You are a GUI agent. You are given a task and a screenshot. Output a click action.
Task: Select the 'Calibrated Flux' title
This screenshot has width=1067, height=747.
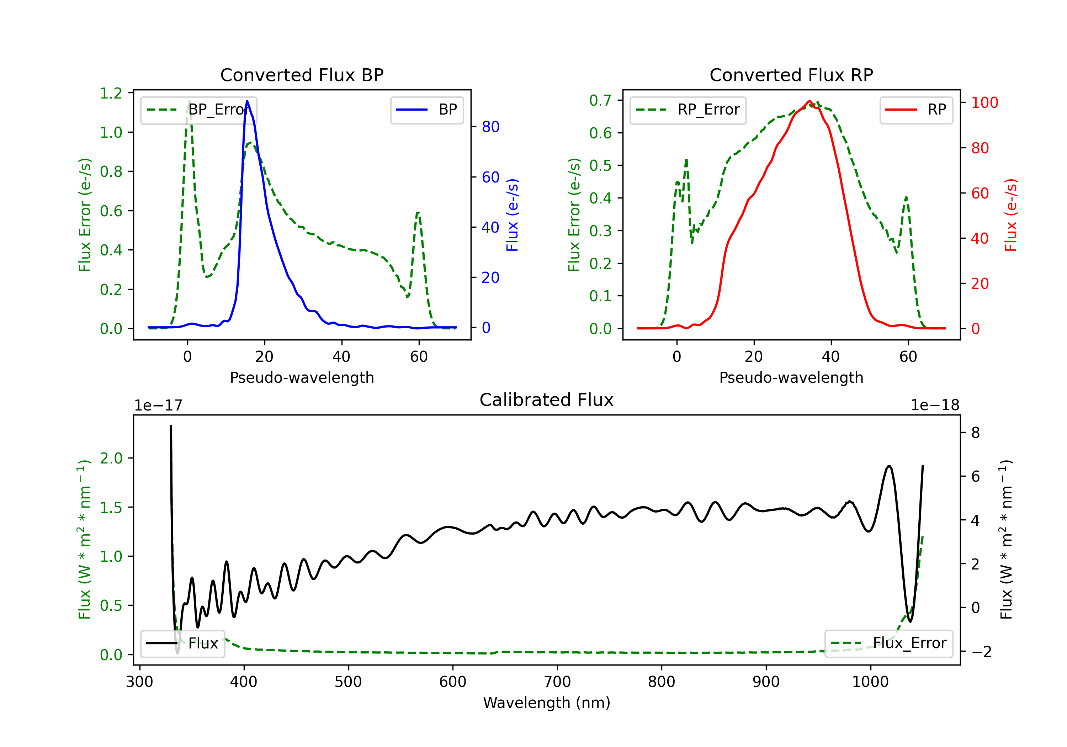click(547, 400)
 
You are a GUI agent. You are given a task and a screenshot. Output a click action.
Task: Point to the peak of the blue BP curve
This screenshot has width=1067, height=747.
click(247, 101)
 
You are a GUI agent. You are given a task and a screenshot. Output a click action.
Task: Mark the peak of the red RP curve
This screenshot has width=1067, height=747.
click(809, 101)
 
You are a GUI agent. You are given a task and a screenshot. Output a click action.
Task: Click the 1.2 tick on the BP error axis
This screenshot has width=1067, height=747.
click(111, 94)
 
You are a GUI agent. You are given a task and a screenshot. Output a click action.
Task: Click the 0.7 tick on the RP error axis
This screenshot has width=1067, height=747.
click(600, 100)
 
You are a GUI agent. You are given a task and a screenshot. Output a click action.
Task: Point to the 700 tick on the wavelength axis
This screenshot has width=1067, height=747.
click(557, 682)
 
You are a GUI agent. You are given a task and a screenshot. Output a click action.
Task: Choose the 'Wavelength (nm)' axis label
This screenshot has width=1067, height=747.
click(547, 703)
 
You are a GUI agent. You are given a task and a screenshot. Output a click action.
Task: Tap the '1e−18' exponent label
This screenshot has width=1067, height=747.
click(935, 406)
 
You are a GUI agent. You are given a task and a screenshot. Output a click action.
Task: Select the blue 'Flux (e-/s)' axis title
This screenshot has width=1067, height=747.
click(512, 215)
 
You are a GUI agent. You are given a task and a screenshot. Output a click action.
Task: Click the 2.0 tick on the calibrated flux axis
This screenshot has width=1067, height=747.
click(111, 458)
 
